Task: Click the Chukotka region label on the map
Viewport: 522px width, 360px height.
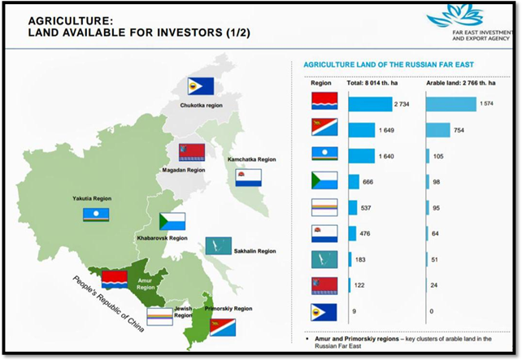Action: tap(201, 106)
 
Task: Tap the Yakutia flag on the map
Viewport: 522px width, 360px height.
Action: tap(96, 215)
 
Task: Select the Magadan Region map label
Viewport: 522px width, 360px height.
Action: tap(184, 170)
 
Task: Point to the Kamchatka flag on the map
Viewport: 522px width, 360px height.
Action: tap(248, 178)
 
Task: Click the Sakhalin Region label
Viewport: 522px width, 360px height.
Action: tap(254, 251)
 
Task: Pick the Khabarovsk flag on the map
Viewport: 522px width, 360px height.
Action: tap(172, 221)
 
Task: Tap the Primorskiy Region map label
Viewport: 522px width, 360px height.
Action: tap(228, 309)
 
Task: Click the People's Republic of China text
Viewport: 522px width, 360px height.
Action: tap(108, 304)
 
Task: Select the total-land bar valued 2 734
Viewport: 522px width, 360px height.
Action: tap(371, 104)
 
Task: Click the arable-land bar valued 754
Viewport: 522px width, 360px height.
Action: tap(438, 130)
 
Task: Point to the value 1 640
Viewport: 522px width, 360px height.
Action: tap(386, 156)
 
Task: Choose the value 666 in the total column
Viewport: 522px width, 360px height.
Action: tap(368, 182)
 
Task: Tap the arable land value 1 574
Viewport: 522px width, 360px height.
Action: tap(486, 104)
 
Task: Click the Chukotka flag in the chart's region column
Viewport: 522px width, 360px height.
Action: tap(324, 312)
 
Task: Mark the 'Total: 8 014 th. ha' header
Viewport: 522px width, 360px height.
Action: tap(372, 83)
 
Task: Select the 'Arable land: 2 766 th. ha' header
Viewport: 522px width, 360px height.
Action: tap(461, 83)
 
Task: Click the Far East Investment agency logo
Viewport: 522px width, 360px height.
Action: tap(470, 23)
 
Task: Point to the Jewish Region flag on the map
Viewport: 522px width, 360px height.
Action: tap(160, 316)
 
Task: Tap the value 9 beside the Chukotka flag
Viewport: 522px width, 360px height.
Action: tap(354, 311)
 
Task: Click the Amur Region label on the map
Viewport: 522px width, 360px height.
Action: tap(146, 284)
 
